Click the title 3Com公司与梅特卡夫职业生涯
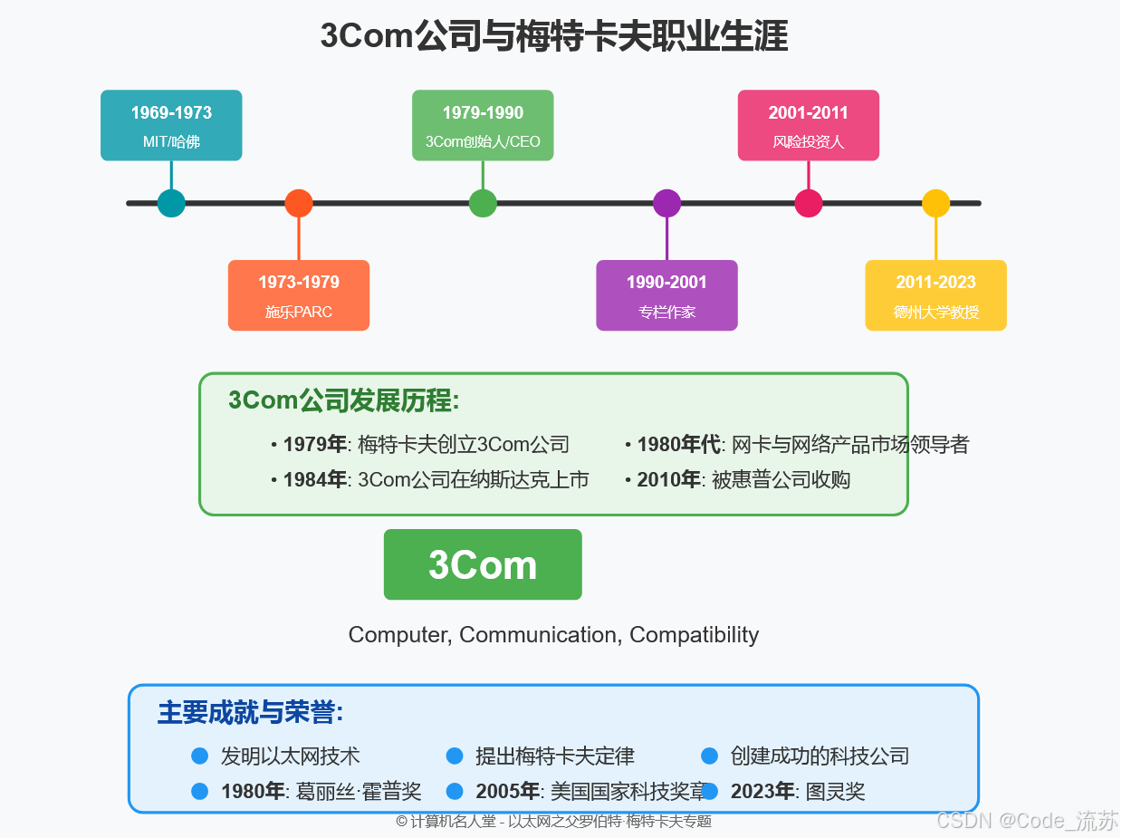click(x=553, y=37)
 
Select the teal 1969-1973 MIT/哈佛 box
click(x=171, y=125)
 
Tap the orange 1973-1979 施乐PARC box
click(x=299, y=295)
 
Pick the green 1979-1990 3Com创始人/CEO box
click(x=483, y=125)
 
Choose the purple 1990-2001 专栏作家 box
click(x=666, y=295)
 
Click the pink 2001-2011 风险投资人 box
click(x=809, y=125)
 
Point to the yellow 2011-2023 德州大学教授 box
click(x=935, y=295)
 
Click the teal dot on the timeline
click(x=171, y=203)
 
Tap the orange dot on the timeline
click(x=299, y=203)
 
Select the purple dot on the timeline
click(x=666, y=203)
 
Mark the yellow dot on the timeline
click(x=935, y=203)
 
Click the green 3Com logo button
click(x=483, y=564)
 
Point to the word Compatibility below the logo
click(x=694, y=635)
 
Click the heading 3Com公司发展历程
click(x=344, y=400)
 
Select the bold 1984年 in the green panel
click(x=314, y=480)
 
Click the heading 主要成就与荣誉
click(x=250, y=713)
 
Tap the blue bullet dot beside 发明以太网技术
click(x=200, y=756)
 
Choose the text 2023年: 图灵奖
click(x=797, y=792)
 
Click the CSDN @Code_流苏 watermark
click(x=1027, y=821)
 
